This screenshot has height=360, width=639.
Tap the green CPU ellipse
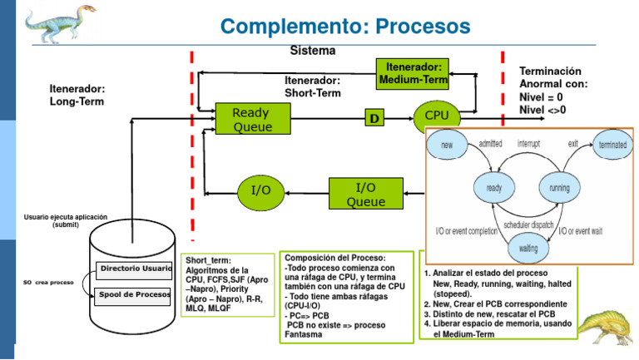437,115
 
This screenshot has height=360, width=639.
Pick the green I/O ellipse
261,190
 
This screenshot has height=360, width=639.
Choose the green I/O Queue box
365,193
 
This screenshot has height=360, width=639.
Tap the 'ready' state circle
495,189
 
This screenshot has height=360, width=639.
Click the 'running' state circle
559,189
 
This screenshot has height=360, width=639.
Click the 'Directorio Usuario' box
136,269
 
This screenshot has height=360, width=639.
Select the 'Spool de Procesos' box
134,295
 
